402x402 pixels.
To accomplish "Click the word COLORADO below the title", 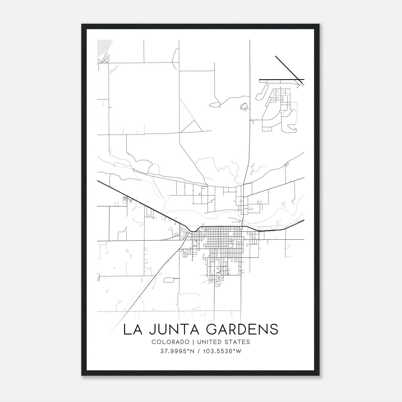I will pyautogui.click(x=170, y=342).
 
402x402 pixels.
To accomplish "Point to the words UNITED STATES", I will pyautogui.click(x=224, y=342).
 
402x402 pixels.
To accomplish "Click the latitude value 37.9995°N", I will pyautogui.click(x=177, y=351).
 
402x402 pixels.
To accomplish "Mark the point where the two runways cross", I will pyautogui.click(x=299, y=80).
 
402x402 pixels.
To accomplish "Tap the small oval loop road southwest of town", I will pyautogui.click(x=169, y=280).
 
